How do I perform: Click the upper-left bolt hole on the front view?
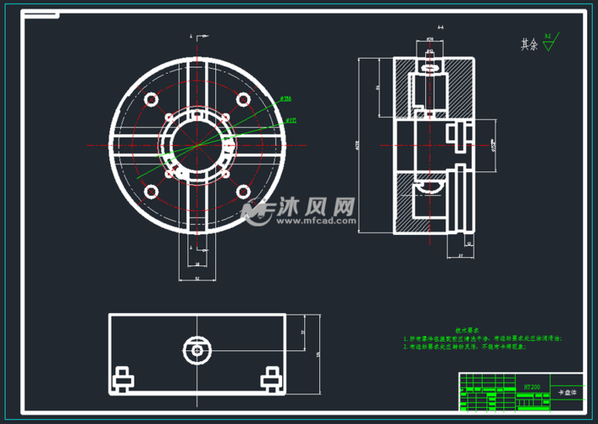pos(152,99)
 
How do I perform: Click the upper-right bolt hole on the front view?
pos(242,99)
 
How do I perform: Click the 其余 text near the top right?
pos(529,44)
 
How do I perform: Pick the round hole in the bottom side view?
pos(197,349)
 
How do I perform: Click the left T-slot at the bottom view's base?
pos(121,379)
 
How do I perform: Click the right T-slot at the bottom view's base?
pos(271,379)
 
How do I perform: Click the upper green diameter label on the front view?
pos(285,99)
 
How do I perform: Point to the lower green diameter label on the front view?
pos(290,120)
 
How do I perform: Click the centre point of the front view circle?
pos(197,145)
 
